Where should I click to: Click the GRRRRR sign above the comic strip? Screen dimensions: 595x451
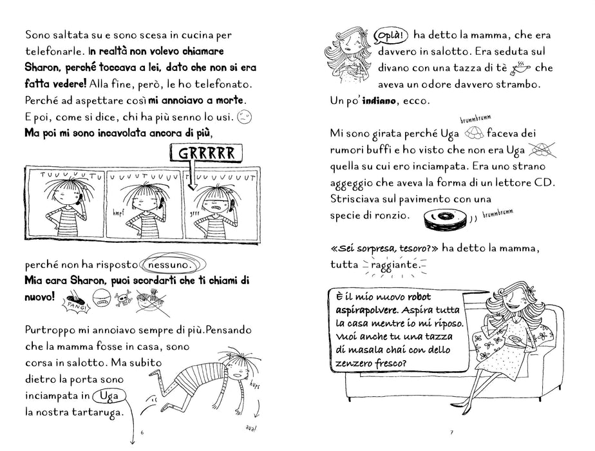[x=207, y=153]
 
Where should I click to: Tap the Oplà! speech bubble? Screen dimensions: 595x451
[x=391, y=35]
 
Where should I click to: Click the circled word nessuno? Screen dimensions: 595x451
[x=173, y=264]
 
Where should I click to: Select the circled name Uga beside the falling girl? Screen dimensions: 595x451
[x=109, y=396]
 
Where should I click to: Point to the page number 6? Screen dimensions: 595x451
[x=142, y=432]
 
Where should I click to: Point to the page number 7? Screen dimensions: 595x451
[x=451, y=432]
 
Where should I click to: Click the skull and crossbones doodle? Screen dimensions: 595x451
[x=124, y=298]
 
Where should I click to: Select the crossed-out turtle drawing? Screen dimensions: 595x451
[x=541, y=150]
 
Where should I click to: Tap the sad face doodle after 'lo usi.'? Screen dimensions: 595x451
[x=245, y=117]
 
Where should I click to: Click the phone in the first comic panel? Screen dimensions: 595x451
[x=79, y=199]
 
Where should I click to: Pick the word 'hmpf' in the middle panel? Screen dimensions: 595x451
[x=118, y=214]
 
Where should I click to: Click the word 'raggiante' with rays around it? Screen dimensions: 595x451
[x=394, y=265]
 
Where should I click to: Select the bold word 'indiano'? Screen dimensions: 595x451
[x=379, y=101]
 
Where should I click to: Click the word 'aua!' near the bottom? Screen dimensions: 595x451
[x=251, y=428]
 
